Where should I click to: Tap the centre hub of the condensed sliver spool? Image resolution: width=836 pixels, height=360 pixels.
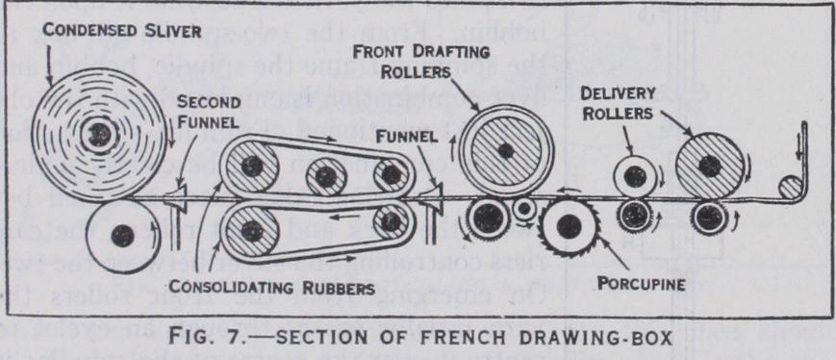tap(97, 132)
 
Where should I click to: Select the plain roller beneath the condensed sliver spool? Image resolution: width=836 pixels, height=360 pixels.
tap(121, 233)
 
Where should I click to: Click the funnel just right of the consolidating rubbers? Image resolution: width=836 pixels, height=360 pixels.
tap(430, 199)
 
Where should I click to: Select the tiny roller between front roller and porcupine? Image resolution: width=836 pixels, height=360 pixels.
tap(524, 208)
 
